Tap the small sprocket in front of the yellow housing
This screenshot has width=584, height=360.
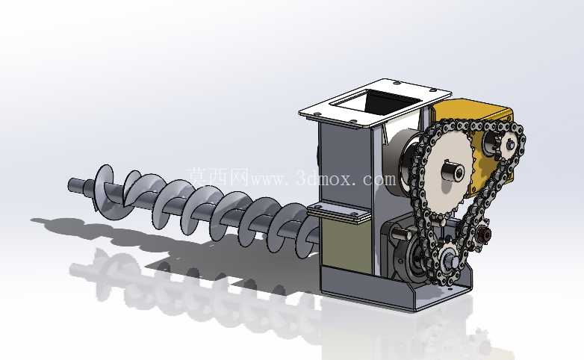click(509, 145)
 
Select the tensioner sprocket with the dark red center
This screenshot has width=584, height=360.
click(484, 234)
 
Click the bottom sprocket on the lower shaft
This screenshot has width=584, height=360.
click(450, 261)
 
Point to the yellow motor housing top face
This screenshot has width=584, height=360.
click(473, 108)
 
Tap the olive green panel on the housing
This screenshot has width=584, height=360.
click(347, 244)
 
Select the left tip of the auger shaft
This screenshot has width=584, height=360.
click(69, 184)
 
